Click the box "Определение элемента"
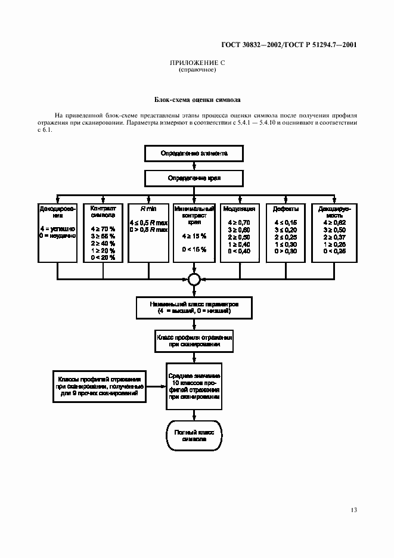coord(194,153)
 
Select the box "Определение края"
coord(194,178)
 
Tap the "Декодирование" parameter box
coord(58,232)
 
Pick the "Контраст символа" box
coord(103,232)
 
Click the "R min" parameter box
coord(148,232)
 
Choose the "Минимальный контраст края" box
coord(194,232)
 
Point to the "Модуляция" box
coord(239,232)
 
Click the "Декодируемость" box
coord(331,232)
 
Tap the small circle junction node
coord(194,279)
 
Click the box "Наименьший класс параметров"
coord(194,307)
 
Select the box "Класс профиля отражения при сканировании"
coord(194,340)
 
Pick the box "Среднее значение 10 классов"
coord(193,385)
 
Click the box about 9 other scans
coord(99,386)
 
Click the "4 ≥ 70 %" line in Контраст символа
coord(103,228)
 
